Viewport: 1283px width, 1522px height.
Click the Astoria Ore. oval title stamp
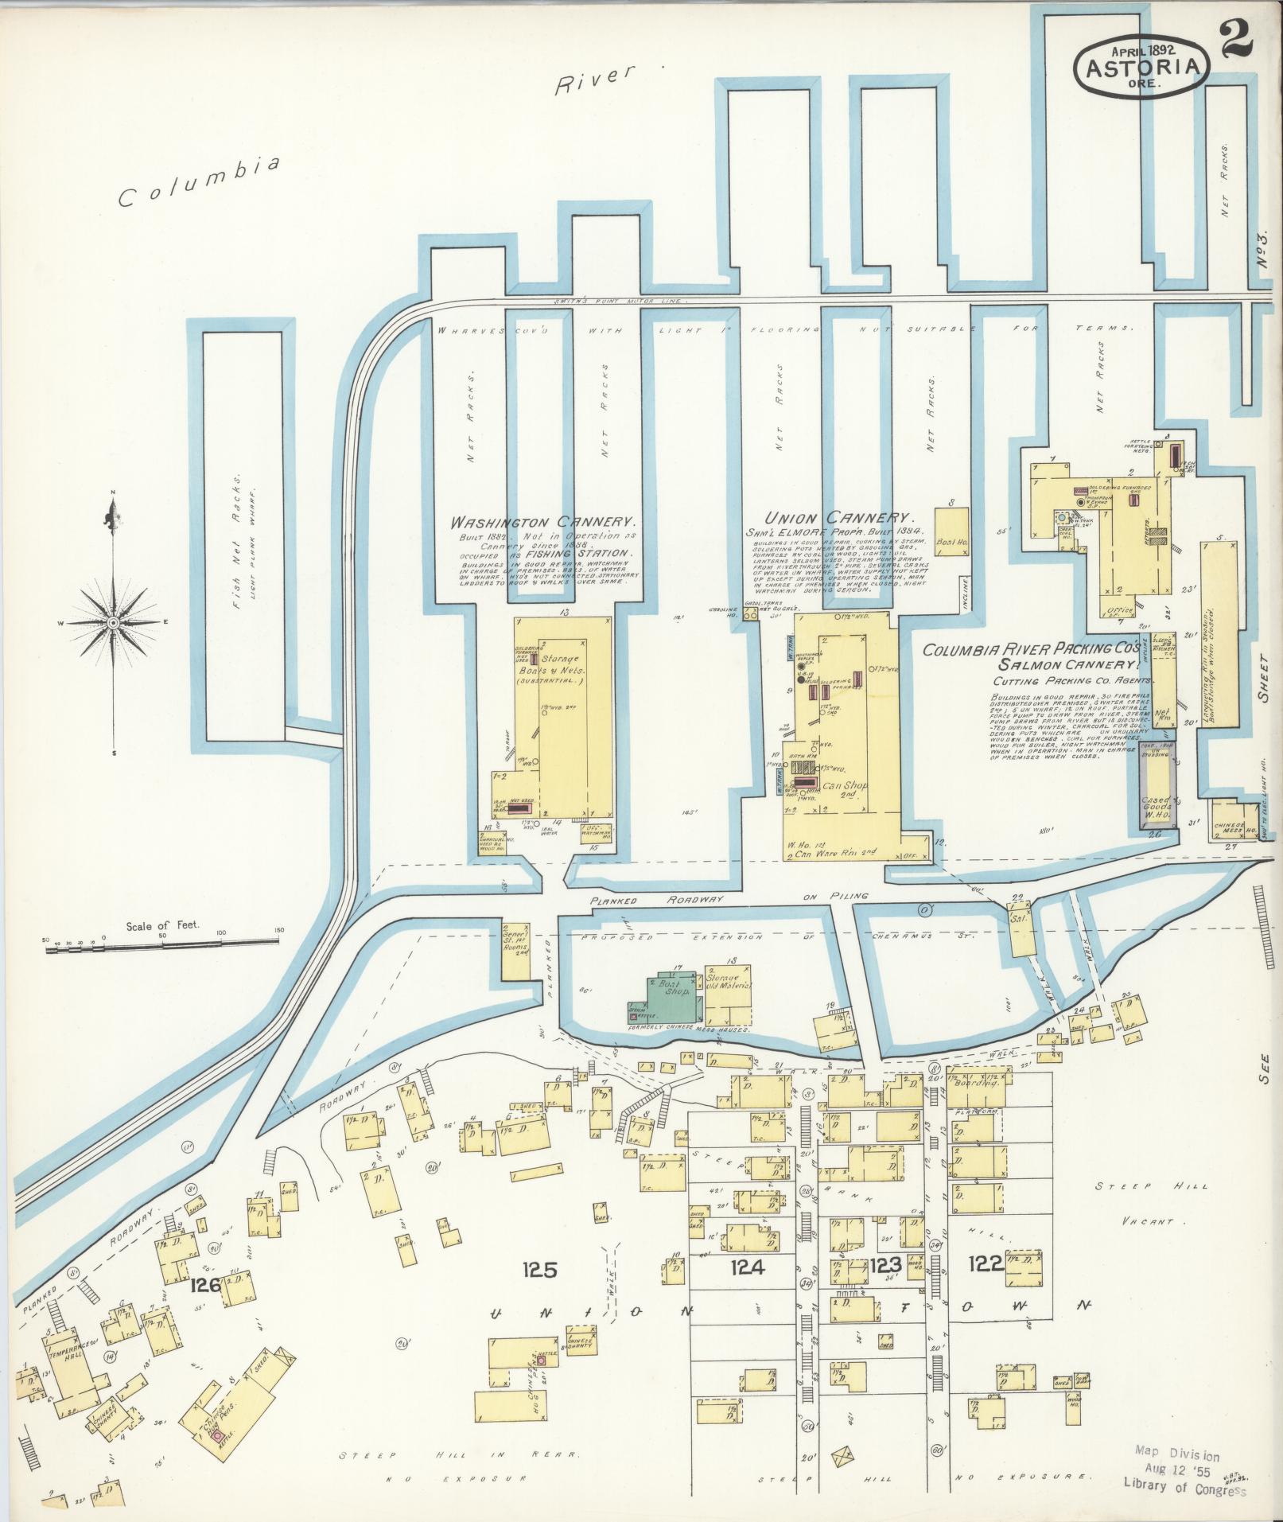pos(1142,68)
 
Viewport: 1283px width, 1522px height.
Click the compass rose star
pos(113,621)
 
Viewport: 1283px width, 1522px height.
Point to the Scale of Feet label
pos(162,926)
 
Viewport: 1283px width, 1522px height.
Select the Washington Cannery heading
pos(543,523)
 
